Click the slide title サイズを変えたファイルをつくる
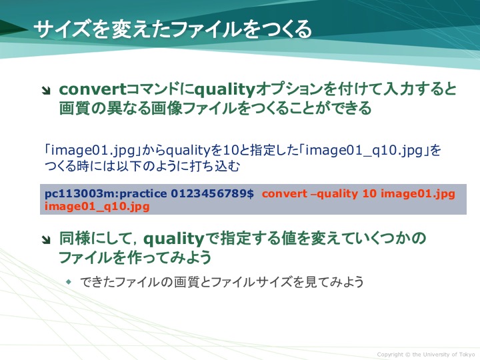coord(173,29)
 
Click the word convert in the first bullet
coord(92,89)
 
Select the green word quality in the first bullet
coord(225,90)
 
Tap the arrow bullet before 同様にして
coord(47,240)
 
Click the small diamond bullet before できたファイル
coord(69,281)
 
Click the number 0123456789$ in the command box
coord(212,193)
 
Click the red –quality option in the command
coord(334,194)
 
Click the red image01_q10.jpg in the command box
coord(97,207)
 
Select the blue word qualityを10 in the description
coord(200,150)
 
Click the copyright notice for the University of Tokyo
coord(426,354)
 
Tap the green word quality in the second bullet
coord(173,239)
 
